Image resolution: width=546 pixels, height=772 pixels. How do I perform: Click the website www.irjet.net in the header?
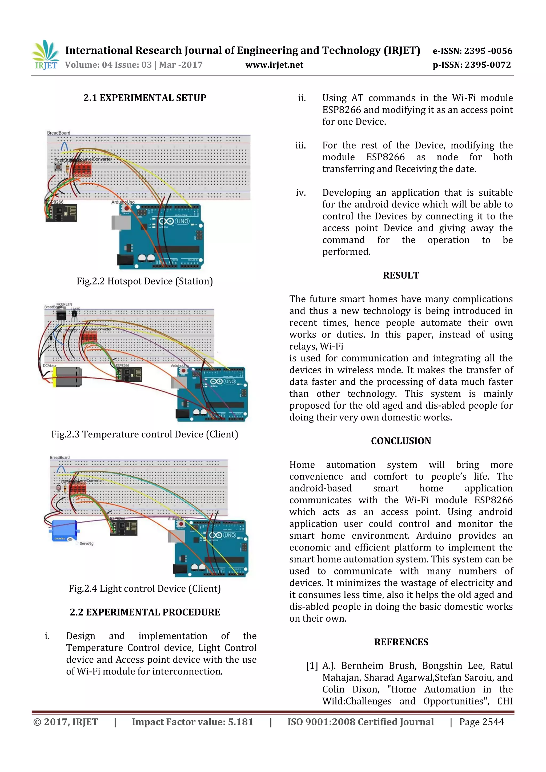[274, 65]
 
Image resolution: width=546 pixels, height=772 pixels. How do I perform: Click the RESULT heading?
[401, 275]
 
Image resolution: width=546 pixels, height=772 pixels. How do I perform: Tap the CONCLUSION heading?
[401, 441]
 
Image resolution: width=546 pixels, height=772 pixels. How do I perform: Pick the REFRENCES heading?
[401, 642]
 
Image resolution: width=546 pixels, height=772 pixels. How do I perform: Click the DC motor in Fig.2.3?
[67, 377]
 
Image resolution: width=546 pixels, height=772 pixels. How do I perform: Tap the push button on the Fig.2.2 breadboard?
[59, 167]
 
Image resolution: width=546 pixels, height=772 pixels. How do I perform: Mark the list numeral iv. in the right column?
[300, 193]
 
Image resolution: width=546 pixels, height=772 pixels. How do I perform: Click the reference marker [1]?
[312, 666]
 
